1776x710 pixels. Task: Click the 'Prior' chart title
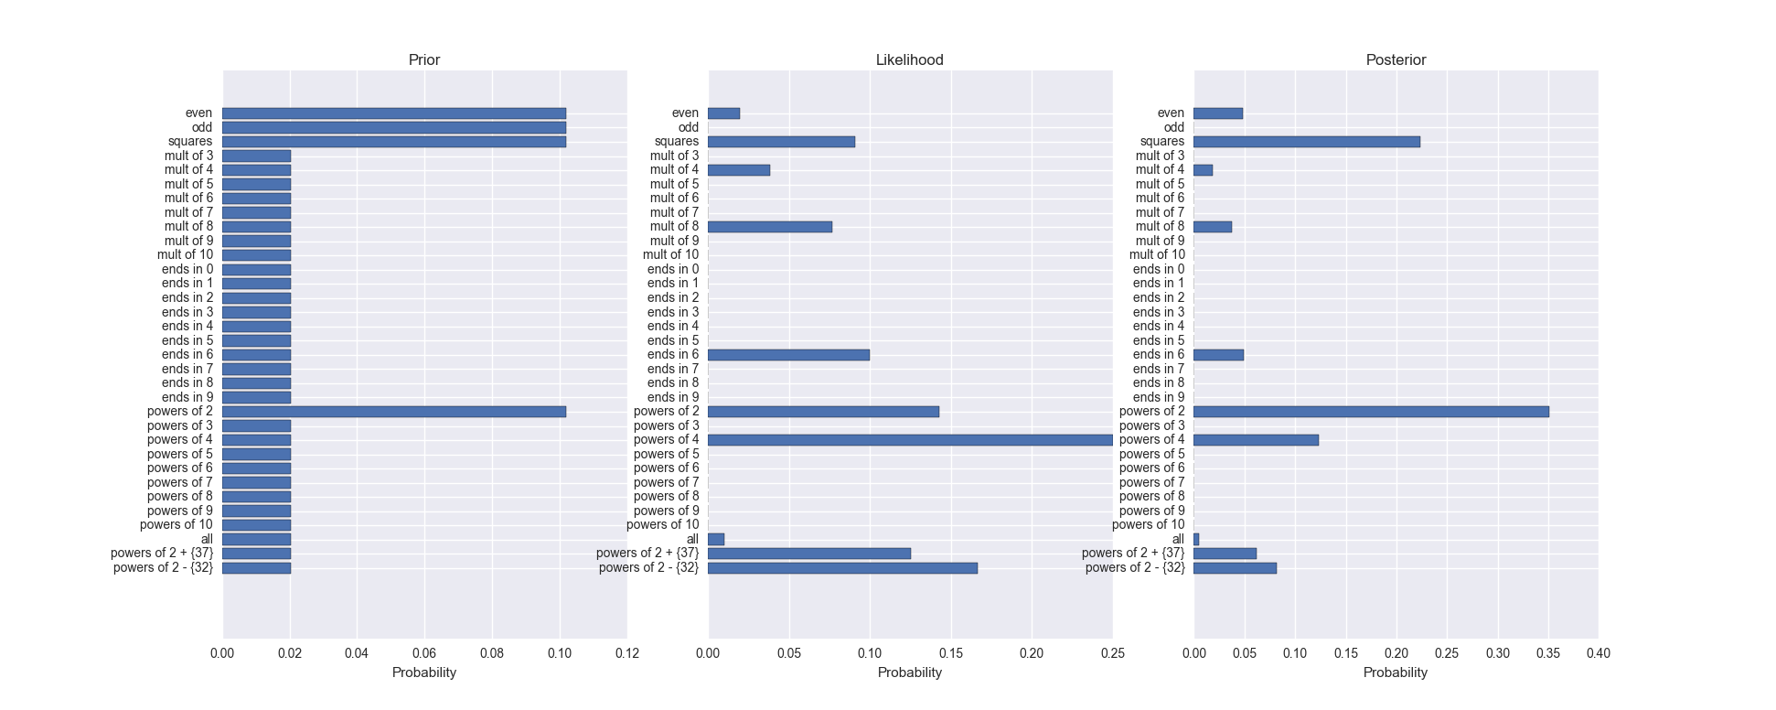[x=423, y=60]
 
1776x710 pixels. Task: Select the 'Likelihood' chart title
[x=909, y=60]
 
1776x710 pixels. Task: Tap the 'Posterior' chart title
[x=1396, y=60]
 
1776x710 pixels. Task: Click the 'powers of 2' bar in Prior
[x=393, y=412]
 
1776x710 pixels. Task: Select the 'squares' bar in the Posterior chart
[x=1306, y=142]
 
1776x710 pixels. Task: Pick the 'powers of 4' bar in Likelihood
[x=910, y=440]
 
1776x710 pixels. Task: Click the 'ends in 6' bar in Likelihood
[x=788, y=355]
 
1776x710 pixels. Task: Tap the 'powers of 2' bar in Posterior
[x=1371, y=412]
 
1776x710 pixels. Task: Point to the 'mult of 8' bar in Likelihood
[x=770, y=227]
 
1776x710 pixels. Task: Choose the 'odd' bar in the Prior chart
[x=393, y=127]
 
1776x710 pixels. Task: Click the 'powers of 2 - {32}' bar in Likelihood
[x=842, y=568]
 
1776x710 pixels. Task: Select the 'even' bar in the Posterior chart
[x=1217, y=113]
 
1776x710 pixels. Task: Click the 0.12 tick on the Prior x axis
[x=626, y=653]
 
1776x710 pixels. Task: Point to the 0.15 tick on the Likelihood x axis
[x=951, y=653]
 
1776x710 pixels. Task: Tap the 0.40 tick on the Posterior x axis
[x=1598, y=653]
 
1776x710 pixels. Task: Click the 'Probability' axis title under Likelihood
[x=909, y=672]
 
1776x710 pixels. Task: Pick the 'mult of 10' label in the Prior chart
[x=185, y=255]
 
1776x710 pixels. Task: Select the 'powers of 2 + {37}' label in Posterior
[x=1132, y=554]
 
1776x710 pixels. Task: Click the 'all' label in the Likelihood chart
[x=692, y=540]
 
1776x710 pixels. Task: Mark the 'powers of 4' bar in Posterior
[x=1256, y=440]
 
